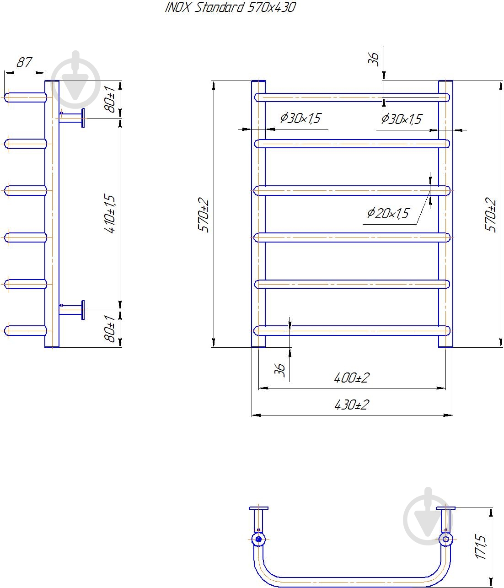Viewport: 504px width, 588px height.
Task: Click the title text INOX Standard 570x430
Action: [230, 7]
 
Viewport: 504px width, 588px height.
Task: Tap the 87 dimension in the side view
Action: [24, 62]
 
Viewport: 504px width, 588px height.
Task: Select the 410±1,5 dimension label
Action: [110, 214]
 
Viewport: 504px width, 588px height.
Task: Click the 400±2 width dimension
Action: [352, 378]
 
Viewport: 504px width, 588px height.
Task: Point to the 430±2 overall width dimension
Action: [352, 405]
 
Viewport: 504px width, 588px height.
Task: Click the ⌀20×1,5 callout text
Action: [388, 213]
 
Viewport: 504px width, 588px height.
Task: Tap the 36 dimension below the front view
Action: [280, 370]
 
